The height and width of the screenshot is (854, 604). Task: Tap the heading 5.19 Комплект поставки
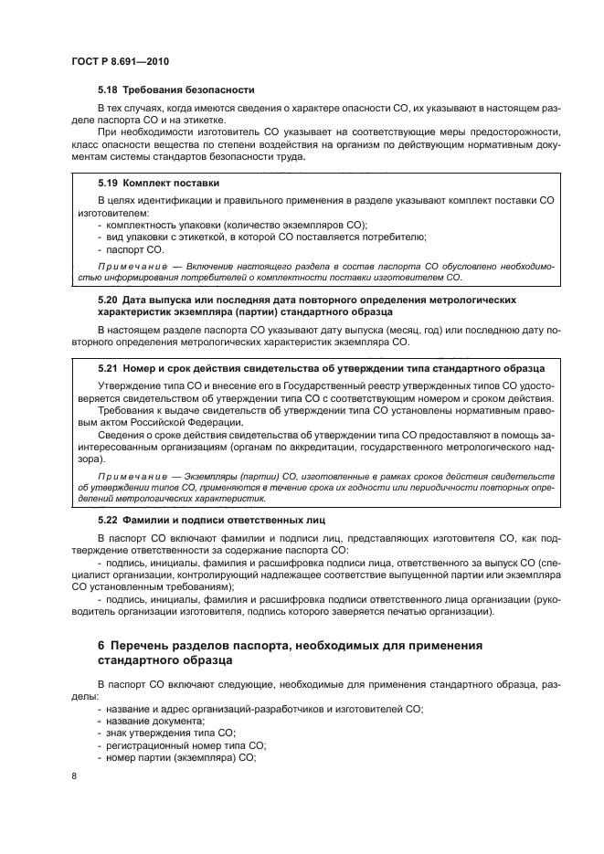(157, 183)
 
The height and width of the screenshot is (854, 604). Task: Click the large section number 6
(101, 646)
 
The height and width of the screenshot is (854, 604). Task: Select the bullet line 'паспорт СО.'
(135, 248)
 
